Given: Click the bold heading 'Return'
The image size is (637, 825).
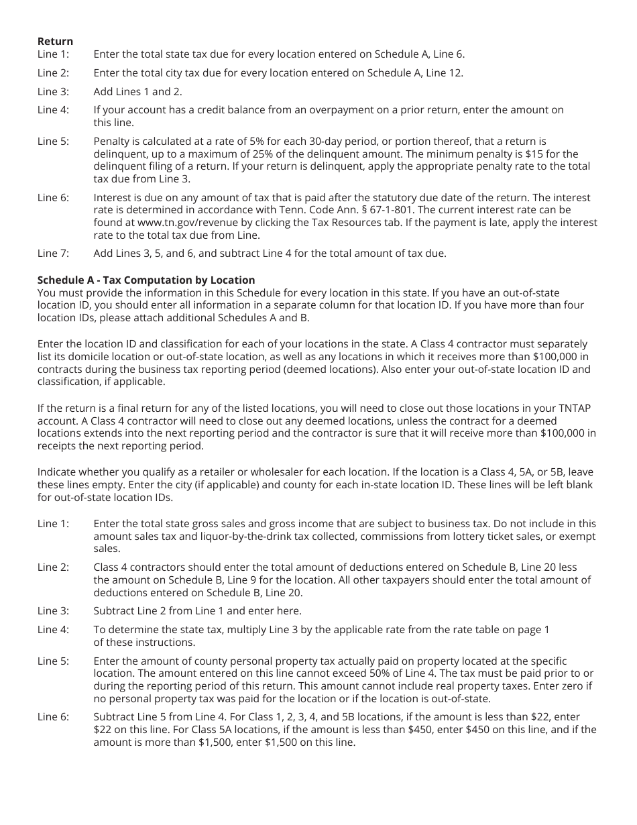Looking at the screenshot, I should click(x=55, y=42).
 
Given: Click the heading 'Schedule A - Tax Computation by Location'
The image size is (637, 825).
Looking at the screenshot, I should click(x=146, y=280).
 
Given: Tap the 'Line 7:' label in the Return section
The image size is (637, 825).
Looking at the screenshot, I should click(x=53, y=253).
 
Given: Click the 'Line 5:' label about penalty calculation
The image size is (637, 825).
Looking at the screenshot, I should click(x=53, y=142).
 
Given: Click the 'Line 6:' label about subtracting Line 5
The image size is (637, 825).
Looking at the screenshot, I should click(x=53, y=717).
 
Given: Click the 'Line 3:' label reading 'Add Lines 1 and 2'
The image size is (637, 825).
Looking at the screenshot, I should click(x=53, y=91).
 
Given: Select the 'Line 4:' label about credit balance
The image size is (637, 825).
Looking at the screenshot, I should click(x=53, y=109).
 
